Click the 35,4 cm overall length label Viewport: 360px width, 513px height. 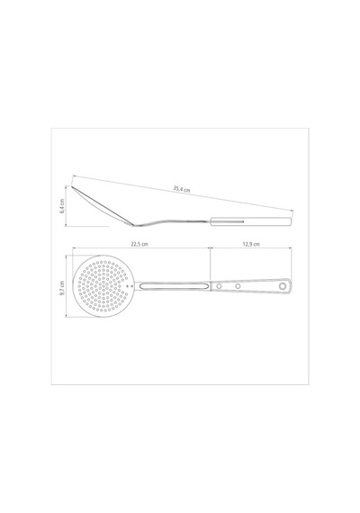[x=182, y=189]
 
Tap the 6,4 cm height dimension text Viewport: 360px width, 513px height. [x=62, y=206]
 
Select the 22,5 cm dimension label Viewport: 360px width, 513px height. [x=139, y=244]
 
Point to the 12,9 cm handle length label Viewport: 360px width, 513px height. [x=251, y=244]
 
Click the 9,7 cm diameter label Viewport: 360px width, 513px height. [x=62, y=288]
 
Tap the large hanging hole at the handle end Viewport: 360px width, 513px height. [x=283, y=286]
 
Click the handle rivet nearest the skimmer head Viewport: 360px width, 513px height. [x=220, y=286]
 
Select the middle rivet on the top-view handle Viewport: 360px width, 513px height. [x=238, y=286]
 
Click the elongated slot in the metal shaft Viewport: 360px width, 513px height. [x=174, y=286]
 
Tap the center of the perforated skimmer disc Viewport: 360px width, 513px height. [x=103, y=286]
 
